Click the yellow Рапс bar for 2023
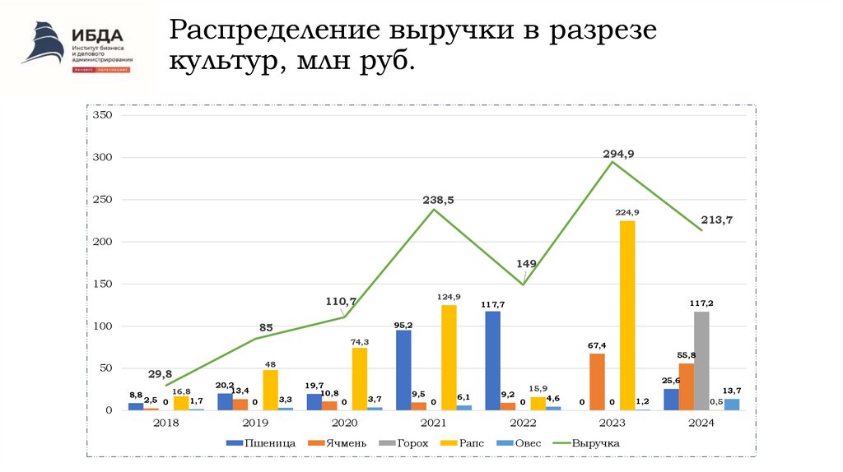pyautogui.click(x=627, y=315)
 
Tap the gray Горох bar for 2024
pyautogui.click(x=701, y=360)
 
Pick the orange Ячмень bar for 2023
pyautogui.click(x=597, y=382)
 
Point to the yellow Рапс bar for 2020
pyautogui.click(x=360, y=378)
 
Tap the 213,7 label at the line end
pyautogui.click(x=717, y=220)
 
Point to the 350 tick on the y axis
pyautogui.click(x=101, y=115)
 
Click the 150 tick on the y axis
pyautogui.click(x=101, y=284)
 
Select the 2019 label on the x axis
pyautogui.click(x=255, y=423)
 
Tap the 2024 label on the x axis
pyautogui.click(x=701, y=423)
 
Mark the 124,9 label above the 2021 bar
pyautogui.click(x=449, y=296)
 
